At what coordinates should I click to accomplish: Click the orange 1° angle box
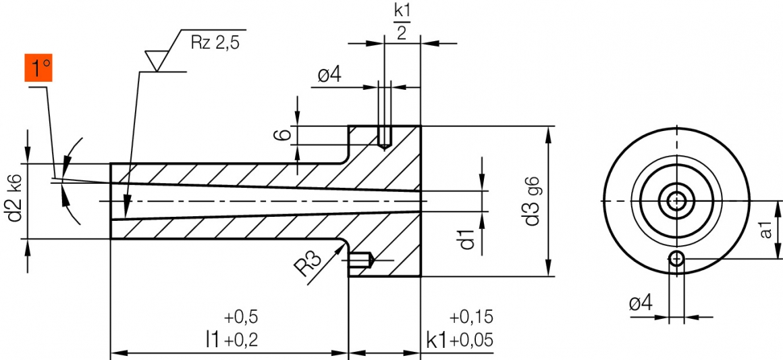(x=38, y=69)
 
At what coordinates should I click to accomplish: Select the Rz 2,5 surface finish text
(x=215, y=43)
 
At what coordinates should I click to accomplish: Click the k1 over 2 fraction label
(x=402, y=22)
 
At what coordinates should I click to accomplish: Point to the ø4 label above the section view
(x=329, y=75)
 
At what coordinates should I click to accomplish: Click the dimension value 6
(x=285, y=134)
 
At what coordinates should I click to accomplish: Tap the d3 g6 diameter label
(x=535, y=201)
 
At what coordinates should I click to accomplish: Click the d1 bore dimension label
(x=468, y=239)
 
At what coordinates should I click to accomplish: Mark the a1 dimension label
(x=765, y=230)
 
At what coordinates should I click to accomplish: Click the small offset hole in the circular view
(x=677, y=257)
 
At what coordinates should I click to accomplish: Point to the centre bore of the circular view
(x=676, y=201)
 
